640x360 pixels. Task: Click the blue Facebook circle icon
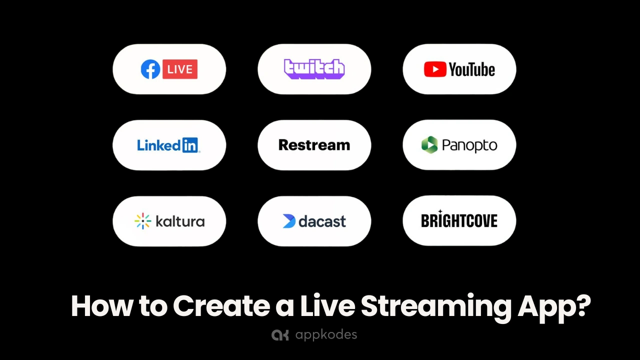point(150,69)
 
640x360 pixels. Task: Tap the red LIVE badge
point(180,69)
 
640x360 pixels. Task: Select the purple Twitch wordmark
point(314,69)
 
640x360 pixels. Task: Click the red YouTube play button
point(435,69)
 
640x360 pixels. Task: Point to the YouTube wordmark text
point(471,69)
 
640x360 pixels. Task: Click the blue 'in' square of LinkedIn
point(190,145)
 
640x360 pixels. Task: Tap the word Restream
point(314,145)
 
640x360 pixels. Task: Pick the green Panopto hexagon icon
point(429,145)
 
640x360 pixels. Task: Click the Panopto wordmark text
point(469,145)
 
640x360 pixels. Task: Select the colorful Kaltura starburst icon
point(142,221)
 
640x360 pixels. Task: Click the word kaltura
point(180,221)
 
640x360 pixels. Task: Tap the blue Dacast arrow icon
point(289,221)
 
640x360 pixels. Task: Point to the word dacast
point(322,221)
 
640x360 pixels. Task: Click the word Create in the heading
point(221,305)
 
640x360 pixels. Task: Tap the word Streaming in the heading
point(436,308)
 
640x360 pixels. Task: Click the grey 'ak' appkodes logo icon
point(280,335)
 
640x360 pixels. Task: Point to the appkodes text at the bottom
point(326,335)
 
